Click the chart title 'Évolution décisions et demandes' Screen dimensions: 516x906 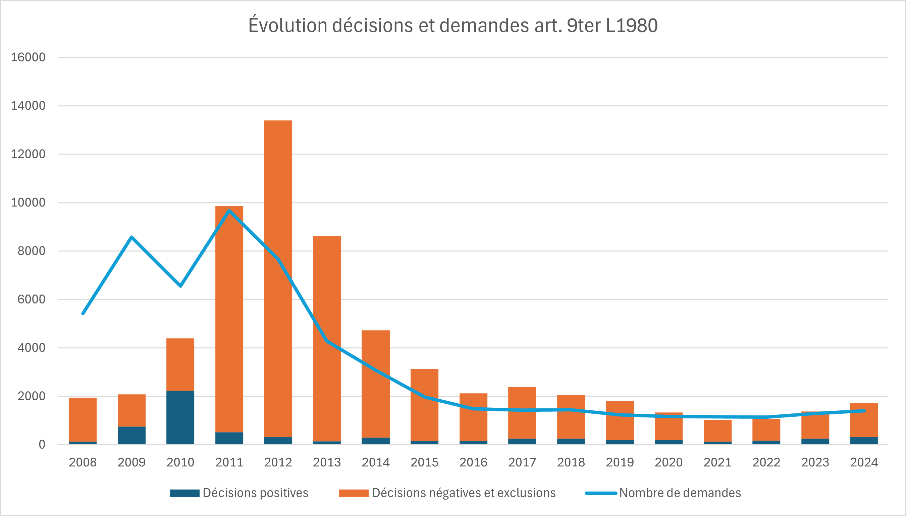tap(452, 25)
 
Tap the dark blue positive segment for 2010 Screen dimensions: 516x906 tap(180, 417)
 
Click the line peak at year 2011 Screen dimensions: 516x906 tap(229, 211)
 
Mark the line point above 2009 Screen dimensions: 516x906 tap(131, 237)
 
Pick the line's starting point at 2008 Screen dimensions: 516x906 tap(83, 313)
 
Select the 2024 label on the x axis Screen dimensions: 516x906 tap(864, 462)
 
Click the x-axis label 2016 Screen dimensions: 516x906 tap(473, 462)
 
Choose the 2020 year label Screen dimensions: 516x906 tap(669, 462)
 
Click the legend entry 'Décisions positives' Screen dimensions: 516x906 tap(255, 493)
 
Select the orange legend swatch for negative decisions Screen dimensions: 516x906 tap(354, 493)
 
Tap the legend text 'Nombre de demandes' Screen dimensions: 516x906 tap(680, 493)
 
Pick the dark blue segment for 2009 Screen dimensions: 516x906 tap(131, 436)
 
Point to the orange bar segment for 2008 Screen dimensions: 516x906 tap(83, 420)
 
